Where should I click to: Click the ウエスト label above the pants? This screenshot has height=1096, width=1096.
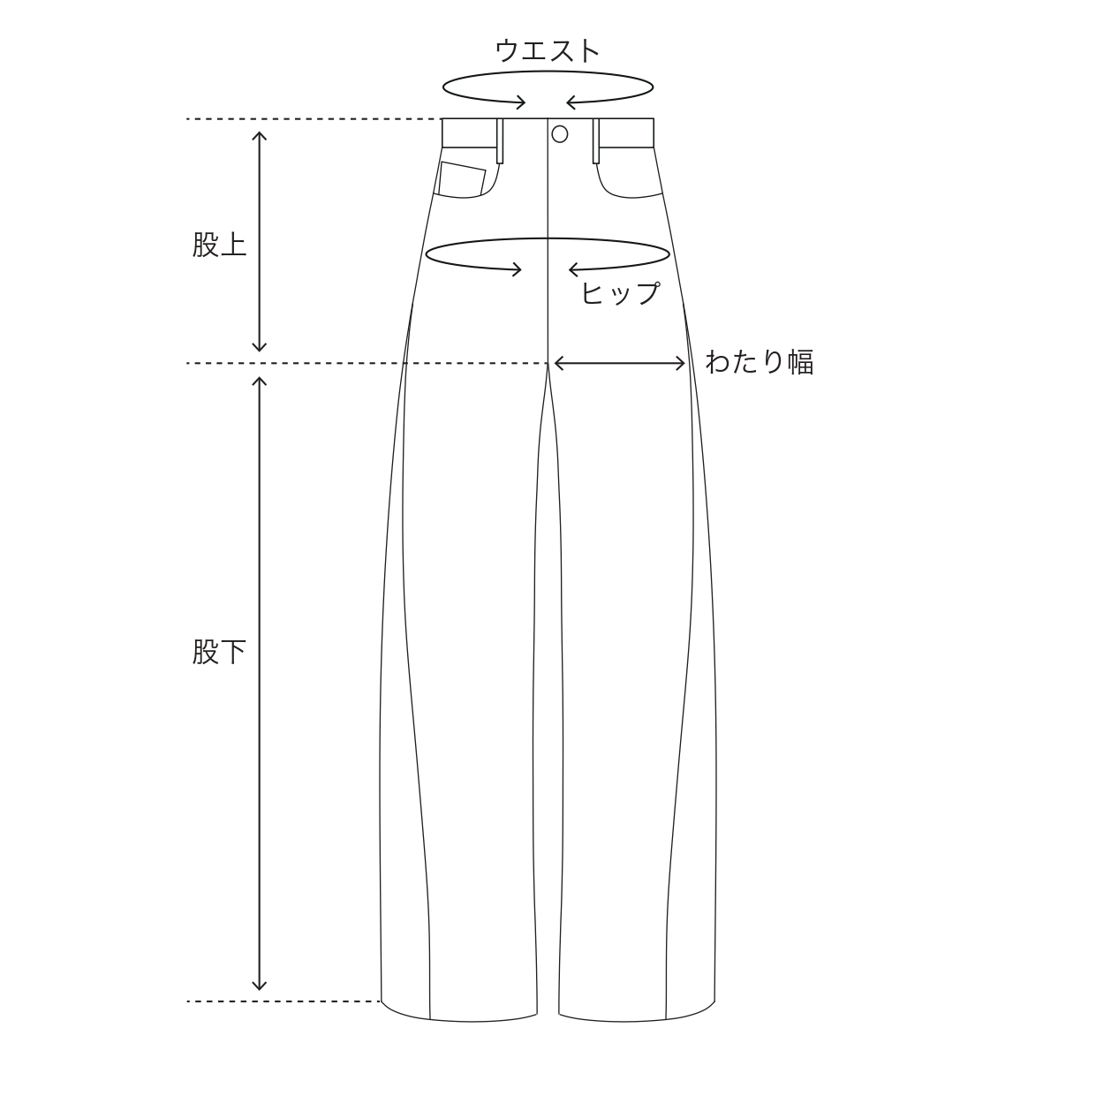point(547,50)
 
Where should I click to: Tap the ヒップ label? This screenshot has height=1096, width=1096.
point(620,293)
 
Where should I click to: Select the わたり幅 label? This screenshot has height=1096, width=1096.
point(759,362)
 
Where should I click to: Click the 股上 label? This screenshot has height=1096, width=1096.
point(219,245)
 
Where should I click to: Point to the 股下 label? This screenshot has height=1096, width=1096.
point(219,652)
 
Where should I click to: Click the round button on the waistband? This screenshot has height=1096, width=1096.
point(560,134)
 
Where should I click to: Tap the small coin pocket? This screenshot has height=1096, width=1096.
point(462,179)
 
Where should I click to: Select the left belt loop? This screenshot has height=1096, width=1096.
point(500,141)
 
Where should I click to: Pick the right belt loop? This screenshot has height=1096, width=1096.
point(596,141)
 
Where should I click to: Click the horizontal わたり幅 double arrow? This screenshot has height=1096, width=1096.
point(619,363)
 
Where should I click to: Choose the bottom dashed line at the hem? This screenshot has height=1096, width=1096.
point(283,1002)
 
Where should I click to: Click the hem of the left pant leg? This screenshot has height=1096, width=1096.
point(459,1019)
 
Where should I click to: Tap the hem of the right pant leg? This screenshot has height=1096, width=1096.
point(636,1019)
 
